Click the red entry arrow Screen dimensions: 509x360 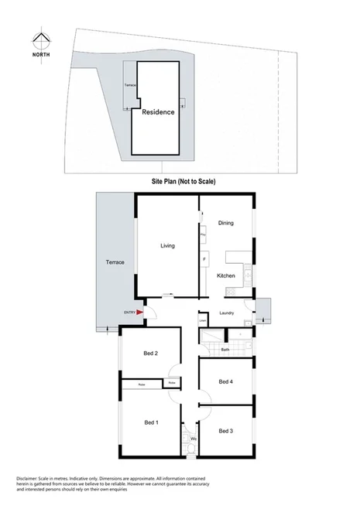pos(140,313)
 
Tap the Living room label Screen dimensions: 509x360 pos(167,246)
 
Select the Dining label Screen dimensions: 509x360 pos(225,223)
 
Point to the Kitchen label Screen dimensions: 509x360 pos(225,275)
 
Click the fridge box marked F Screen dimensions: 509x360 pos(204,260)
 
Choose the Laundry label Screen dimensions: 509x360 pos(227,313)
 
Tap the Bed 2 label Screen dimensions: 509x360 pos(151,354)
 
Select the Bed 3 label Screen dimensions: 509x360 pos(225,430)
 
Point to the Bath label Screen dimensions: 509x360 pos(225,350)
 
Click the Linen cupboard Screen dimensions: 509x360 pos(203,319)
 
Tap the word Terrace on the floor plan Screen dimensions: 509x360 pos(115,263)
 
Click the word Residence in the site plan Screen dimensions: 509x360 pos(158,111)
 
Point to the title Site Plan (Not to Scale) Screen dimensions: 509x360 pos(183,181)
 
